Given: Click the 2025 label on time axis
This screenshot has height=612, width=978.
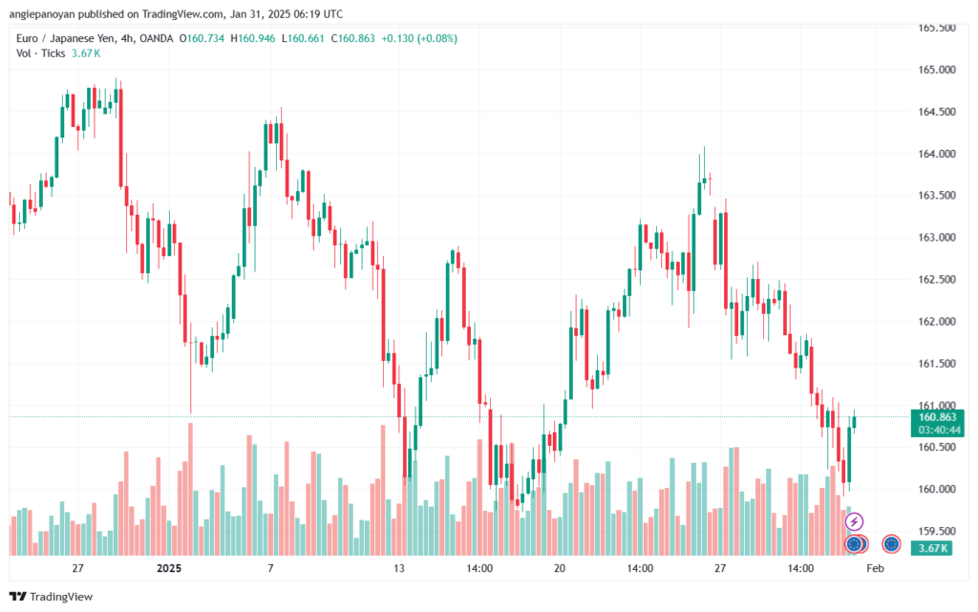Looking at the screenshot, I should pos(169,568).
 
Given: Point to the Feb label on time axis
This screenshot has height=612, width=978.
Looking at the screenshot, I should pos(873,568).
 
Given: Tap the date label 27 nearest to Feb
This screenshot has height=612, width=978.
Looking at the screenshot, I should pos(720,568).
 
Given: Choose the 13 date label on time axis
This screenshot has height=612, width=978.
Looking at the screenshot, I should pos(399,568).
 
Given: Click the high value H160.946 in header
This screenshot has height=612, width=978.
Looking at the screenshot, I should pos(255,38).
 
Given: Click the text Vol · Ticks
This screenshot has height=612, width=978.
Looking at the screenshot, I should pos(40,53).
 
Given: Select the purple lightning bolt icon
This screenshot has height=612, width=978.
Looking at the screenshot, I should pos(855,521).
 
